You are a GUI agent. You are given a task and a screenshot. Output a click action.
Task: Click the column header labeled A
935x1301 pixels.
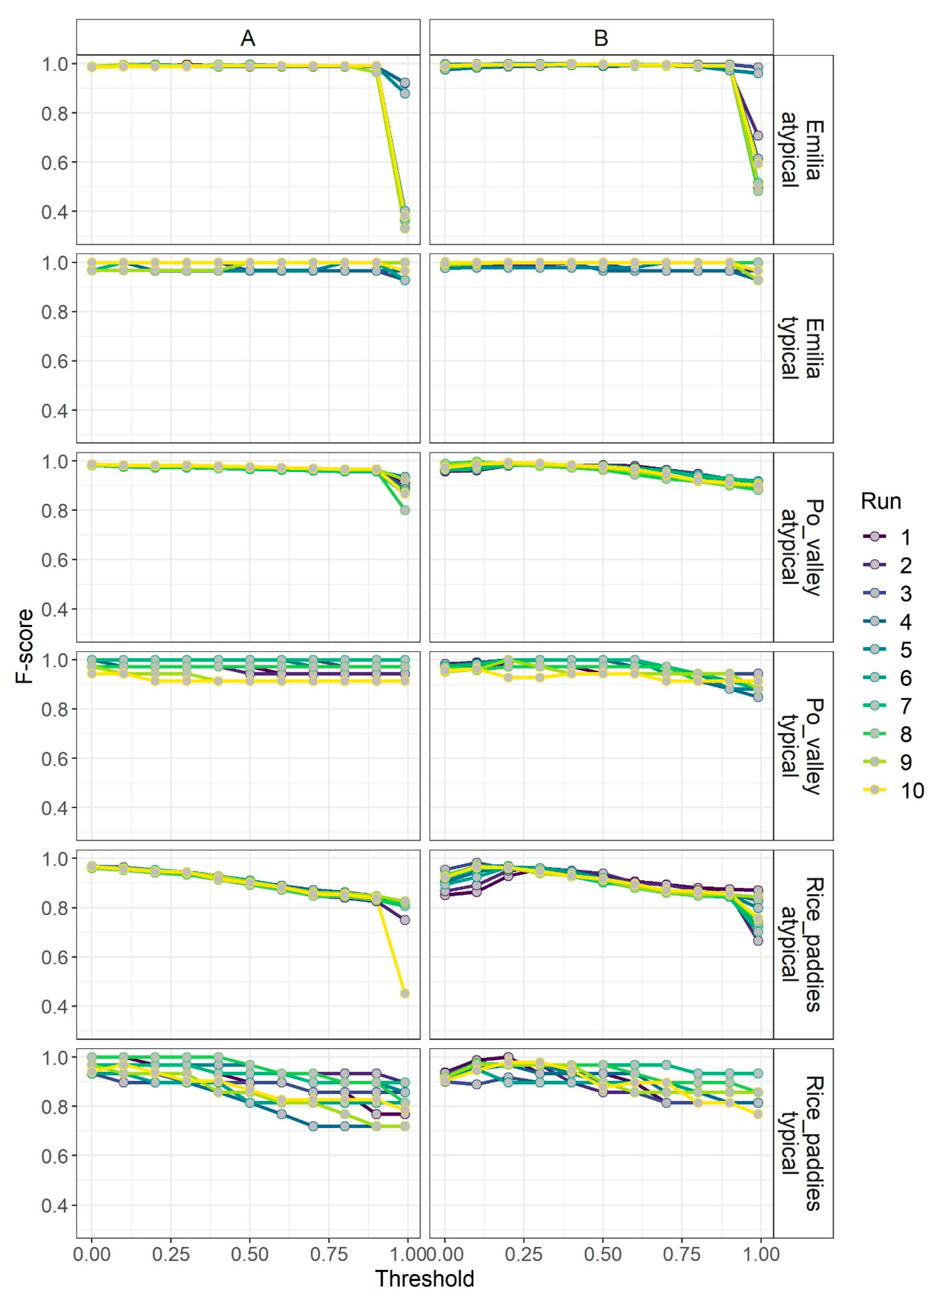(248, 38)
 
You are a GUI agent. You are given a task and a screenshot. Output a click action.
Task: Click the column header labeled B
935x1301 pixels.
(601, 38)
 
